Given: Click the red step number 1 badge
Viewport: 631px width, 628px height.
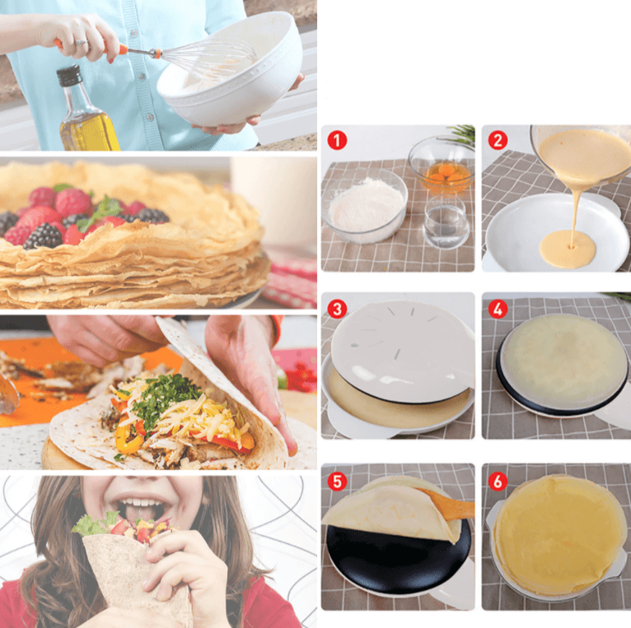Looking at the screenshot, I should pos(336,139).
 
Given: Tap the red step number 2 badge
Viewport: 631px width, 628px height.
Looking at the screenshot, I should pos(497,139).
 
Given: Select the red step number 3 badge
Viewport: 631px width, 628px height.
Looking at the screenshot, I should pos(336,309).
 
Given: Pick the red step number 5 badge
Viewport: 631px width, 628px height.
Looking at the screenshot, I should pos(336,481).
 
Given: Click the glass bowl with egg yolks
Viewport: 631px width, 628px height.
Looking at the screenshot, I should pos(442,169).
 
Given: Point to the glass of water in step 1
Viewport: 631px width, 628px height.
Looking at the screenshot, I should pos(446,221).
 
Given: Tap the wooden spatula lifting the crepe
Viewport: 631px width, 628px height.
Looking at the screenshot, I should pos(448,502).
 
